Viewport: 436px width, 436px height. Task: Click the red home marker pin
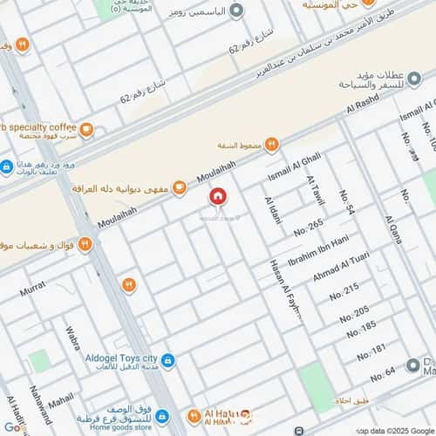(217, 197)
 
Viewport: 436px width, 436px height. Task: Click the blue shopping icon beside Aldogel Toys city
(167, 360)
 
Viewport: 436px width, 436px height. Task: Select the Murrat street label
(33, 286)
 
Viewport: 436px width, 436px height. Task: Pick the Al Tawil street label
(315, 190)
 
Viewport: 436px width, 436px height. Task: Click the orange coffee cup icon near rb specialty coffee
(87, 131)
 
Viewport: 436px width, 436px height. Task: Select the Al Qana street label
(393, 228)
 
